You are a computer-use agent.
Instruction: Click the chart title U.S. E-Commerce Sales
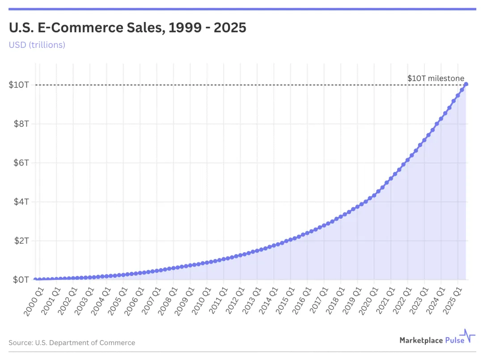pos(127,28)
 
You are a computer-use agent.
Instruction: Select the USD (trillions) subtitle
pos(37,45)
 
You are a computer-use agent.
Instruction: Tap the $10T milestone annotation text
pos(435,78)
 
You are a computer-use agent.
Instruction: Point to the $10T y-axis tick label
pos(19,85)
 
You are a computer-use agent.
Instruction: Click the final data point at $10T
pos(466,84)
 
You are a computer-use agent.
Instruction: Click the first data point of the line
pos(35,280)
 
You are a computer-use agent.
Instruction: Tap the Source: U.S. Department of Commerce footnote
pos(72,343)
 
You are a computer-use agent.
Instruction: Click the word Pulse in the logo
pos(455,340)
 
